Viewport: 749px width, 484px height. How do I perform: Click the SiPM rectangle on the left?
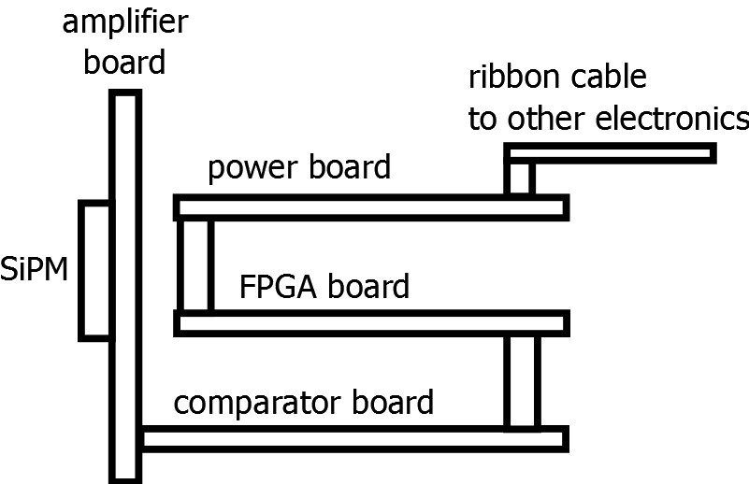click(x=95, y=270)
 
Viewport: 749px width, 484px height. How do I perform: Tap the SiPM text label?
click(x=37, y=271)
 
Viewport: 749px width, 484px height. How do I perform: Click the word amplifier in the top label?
click(x=124, y=22)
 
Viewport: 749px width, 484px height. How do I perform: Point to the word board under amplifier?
click(x=124, y=63)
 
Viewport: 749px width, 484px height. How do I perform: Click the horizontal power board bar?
click(x=371, y=207)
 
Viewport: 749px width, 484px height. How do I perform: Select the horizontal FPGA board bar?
click(x=371, y=324)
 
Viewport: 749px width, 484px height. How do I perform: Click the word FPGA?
click(x=277, y=285)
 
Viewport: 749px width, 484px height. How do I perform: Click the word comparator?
click(x=259, y=403)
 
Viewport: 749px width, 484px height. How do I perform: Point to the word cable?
click(x=608, y=76)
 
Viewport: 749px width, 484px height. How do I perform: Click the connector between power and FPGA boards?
click(x=195, y=265)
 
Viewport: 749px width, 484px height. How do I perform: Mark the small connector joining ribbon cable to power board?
click(x=520, y=178)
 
